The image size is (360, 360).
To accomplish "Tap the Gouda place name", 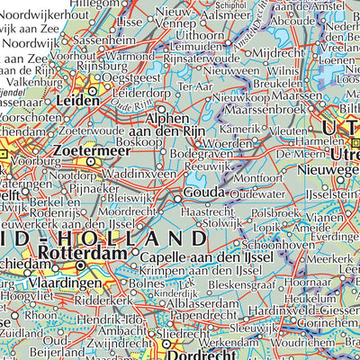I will point(205,195).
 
